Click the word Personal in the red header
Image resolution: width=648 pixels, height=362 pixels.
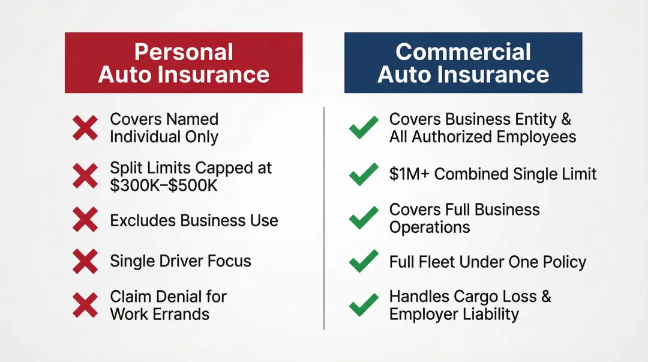[184, 52]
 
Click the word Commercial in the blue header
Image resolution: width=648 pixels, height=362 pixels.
[463, 52]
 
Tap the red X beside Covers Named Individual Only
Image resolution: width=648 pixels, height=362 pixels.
[85, 128]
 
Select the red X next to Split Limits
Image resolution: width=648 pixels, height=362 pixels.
[85, 176]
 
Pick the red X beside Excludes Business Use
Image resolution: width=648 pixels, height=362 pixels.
[85, 220]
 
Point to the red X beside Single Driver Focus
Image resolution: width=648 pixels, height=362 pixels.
[85, 261]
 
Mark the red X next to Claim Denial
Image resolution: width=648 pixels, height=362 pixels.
[85, 305]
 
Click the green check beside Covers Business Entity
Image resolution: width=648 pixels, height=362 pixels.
[364, 127]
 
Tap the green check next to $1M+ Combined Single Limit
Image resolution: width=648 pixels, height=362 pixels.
[364, 174]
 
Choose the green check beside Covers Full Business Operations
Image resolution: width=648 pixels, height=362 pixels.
[364, 217]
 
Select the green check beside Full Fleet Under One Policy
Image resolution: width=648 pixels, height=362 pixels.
[364, 262]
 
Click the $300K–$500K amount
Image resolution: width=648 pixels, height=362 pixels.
[164, 186]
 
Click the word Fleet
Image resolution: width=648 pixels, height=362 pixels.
[434, 262]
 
